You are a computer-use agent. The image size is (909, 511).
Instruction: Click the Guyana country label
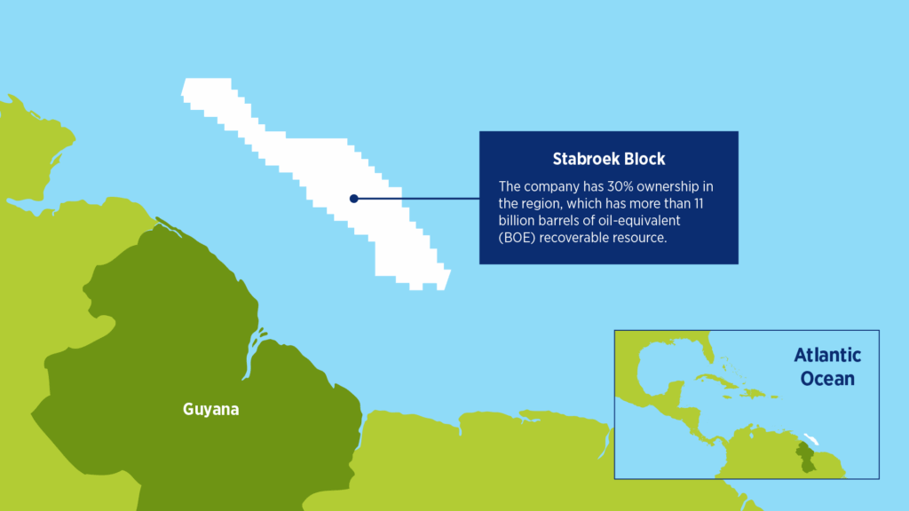[x=211, y=409]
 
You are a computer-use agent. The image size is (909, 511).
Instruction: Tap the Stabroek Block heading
[x=609, y=159]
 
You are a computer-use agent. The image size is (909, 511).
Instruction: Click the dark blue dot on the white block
[x=353, y=199]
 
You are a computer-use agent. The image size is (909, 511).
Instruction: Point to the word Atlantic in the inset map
[x=827, y=355]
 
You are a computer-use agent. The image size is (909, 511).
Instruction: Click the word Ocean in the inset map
[x=827, y=378]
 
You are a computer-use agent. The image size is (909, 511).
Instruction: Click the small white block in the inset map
[x=810, y=438]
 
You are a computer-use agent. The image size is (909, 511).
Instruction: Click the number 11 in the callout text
[x=699, y=203]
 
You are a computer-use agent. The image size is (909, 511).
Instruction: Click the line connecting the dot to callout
[x=416, y=199]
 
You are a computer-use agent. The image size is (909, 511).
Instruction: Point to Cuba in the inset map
[x=717, y=380]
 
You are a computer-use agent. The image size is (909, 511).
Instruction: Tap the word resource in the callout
[x=639, y=238]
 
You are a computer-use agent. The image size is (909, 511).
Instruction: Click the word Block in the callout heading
[x=646, y=159]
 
